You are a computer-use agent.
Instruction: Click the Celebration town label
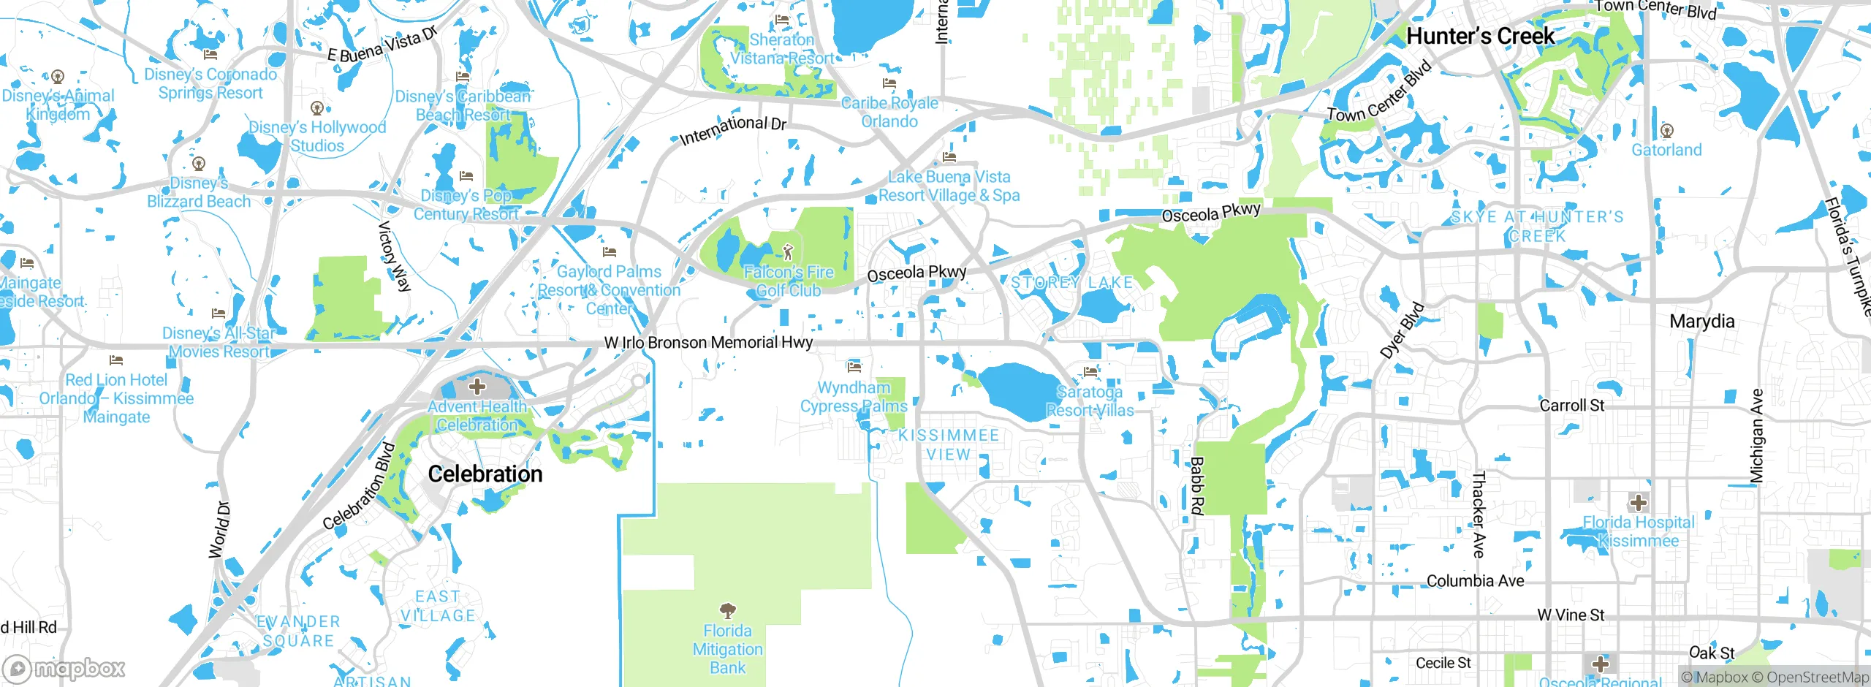pyautogui.click(x=485, y=474)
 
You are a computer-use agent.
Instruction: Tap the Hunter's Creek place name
pyautogui.click(x=1480, y=36)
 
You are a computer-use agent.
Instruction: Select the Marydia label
pyautogui.click(x=1701, y=322)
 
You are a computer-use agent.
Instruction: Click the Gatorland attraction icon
pyautogui.click(x=1666, y=131)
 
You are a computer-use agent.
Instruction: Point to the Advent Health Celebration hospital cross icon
pyautogui.click(x=477, y=386)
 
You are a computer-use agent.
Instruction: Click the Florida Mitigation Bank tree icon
pyautogui.click(x=727, y=610)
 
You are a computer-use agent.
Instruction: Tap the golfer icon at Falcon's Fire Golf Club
pyautogui.click(x=787, y=253)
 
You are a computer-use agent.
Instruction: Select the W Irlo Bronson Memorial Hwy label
pyautogui.click(x=708, y=342)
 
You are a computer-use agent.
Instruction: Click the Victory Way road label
pyautogui.click(x=394, y=257)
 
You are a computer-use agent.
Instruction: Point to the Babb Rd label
pyautogui.click(x=1196, y=485)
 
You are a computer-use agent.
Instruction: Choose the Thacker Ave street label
pyautogui.click(x=1479, y=515)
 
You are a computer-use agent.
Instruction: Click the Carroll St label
pyautogui.click(x=1571, y=405)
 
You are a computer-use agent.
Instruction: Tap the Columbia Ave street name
pyautogui.click(x=1475, y=581)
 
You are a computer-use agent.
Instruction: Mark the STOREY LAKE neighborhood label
pyautogui.click(x=1071, y=282)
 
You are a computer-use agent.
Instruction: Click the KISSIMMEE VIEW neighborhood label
pyautogui.click(x=948, y=444)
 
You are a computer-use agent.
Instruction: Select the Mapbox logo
pyautogui.click(x=64, y=668)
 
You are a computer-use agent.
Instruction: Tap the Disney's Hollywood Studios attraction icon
pyautogui.click(x=316, y=108)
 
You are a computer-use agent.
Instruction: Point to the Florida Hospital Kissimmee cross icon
pyautogui.click(x=1638, y=503)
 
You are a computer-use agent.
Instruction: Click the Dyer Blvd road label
pyautogui.click(x=1402, y=330)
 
